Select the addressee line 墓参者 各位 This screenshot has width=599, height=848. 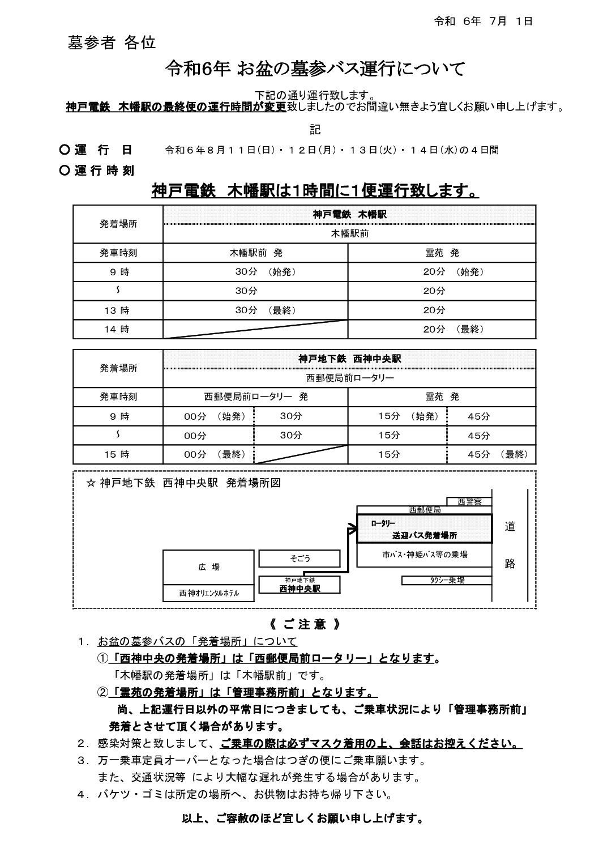click(x=112, y=43)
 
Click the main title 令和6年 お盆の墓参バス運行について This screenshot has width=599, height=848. click(x=315, y=69)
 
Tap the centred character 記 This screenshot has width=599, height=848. click(x=315, y=130)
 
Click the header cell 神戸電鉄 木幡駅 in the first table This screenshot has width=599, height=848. click(x=349, y=215)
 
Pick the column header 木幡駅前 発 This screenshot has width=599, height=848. click(x=256, y=253)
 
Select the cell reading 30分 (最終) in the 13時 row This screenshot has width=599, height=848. click(x=265, y=310)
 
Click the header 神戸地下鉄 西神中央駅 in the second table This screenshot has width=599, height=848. click(x=349, y=359)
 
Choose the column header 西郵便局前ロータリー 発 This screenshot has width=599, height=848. click(x=256, y=397)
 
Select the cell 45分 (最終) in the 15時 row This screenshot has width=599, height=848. click(x=497, y=454)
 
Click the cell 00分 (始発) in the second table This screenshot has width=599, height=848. click(x=215, y=416)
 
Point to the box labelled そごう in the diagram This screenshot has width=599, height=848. click(x=300, y=559)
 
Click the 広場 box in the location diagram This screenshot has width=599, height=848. click(x=208, y=566)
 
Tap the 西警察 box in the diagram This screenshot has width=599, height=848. click(x=469, y=501)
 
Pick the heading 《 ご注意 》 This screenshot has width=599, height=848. click(x=305, y=625)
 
